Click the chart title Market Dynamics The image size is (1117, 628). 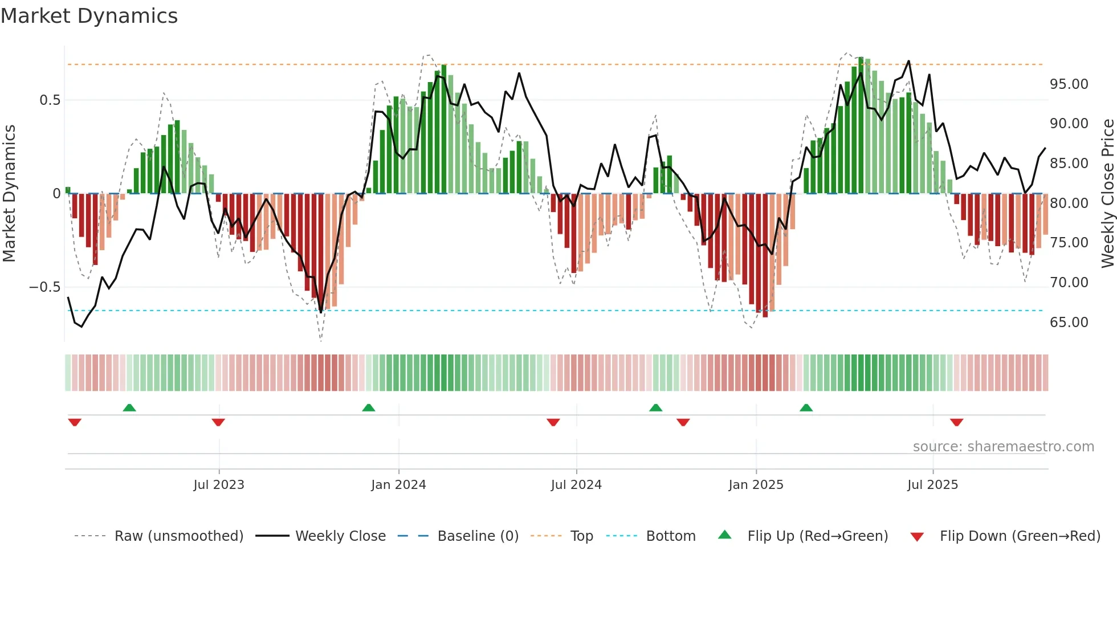pyautogui.click(x=89, y=16)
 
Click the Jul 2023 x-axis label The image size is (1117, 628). pyautogui.click(x=219, y=485)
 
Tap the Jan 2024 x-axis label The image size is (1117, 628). pyautogui.click(x=398, y=485)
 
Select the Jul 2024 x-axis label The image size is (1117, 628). pyautogui.click(x=576, y=485)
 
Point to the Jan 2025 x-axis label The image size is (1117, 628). pyautogui.click(x=756, y=485)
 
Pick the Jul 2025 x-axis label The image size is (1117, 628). pyautogui.click(x=932, y=485)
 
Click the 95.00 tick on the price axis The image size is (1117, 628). pyautogui.click(x=1069, y=84)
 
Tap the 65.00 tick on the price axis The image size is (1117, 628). pyautogui.click(x=1069, y=323)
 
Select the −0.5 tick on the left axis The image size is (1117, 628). pyautogui.click(x=44, y=287)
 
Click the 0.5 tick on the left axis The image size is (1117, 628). pyautogui.click(x=50, y=100)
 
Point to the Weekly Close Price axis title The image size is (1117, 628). pyautogui.click(x=1107, y=194)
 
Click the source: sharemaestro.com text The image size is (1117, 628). pyautogui.click(x=1003, y=447)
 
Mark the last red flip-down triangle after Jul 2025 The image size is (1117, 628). pyautogui.click(x=956, y=422)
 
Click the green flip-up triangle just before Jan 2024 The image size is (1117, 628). pyautogui.click(x=369, y=407)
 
